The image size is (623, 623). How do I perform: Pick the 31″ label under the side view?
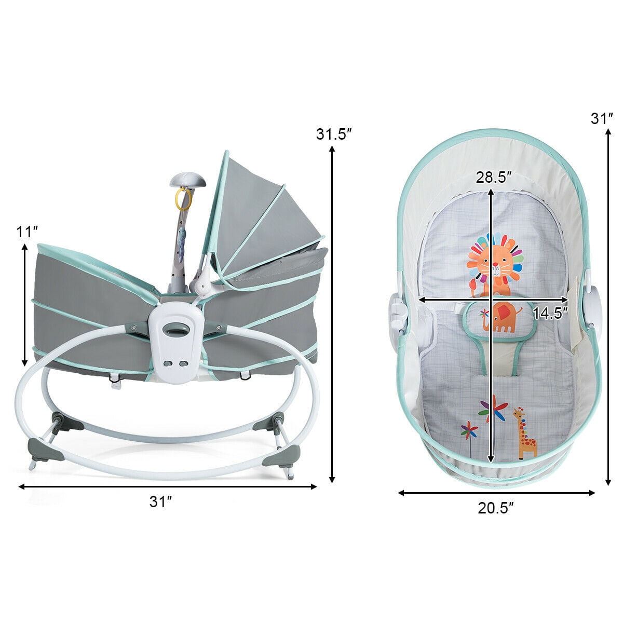coord(160,502)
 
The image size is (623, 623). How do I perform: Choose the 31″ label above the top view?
coord(602,119)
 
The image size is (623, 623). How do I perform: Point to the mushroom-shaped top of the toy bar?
coord(187,181)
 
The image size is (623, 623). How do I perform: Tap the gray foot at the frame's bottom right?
coord(281,457)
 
